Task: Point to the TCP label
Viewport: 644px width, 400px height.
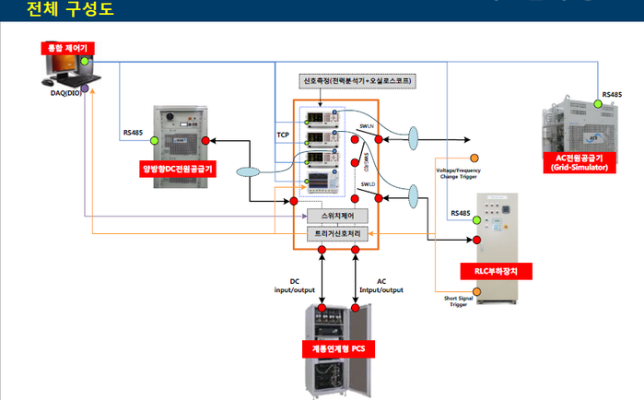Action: (283, 135)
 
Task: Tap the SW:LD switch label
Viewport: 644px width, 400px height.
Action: (368, 184)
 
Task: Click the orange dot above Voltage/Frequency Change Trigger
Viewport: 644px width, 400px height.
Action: (474, 158)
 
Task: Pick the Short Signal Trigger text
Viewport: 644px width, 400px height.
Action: (458, 300)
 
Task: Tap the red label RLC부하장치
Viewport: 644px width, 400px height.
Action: (497, 272)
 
